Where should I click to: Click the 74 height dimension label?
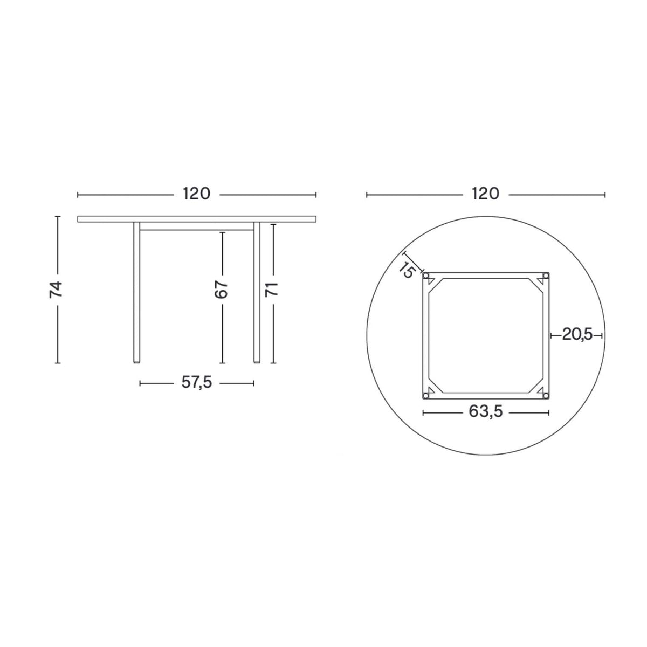[56, 290]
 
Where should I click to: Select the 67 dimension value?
[221, 290]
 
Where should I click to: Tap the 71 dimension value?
[272, 289]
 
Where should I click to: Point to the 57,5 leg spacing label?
[197, 382]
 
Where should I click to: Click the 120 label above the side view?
[196, 194]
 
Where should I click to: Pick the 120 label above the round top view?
[485, 194]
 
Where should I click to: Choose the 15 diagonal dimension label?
[407, 269]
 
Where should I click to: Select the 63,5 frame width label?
[486, 411]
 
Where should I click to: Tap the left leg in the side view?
[136, 292]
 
